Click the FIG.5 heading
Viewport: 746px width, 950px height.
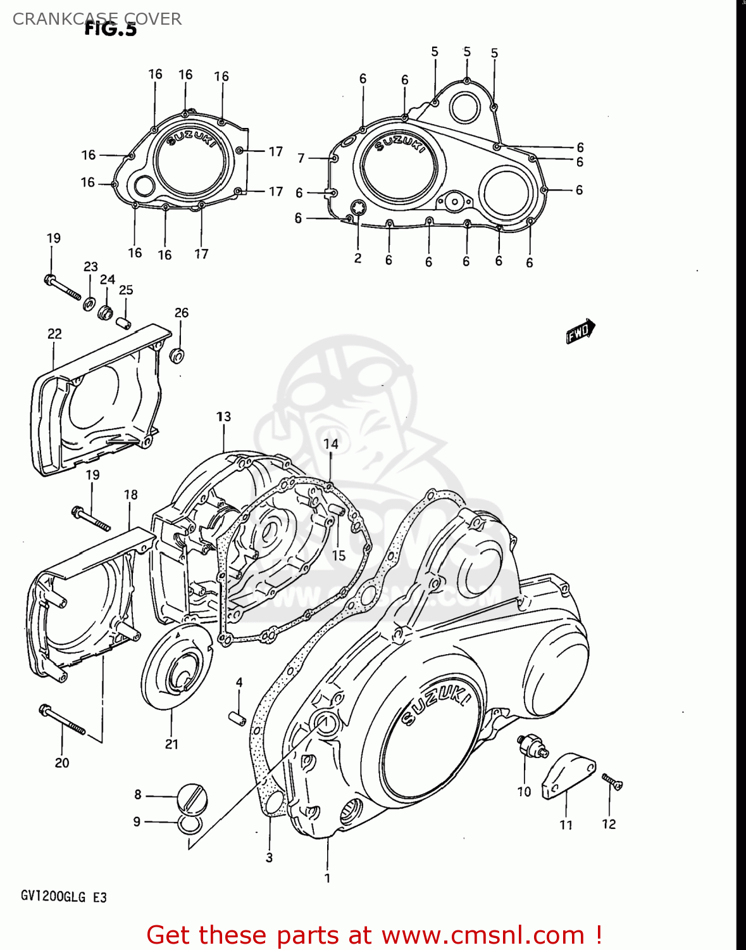pyautogui.click(x=111, y=29)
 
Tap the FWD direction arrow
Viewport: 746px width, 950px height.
pyautogui.click(x=580, y=331)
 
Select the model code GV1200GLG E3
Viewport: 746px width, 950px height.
pyautogui.click(x=63, y=897)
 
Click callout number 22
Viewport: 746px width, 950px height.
pyautogui.click(x=54, y=334)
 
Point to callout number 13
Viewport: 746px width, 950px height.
pyautogui.click(x=224, y=417)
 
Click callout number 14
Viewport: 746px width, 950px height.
pyautogui.click(x=331, y=444)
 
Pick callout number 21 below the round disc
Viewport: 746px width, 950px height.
pyautogui.click(x=171, y=744)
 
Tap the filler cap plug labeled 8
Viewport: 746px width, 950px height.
pyautogui.click(x=190, y=796)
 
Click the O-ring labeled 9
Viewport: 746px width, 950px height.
pyautogui.click(x=190, y=824)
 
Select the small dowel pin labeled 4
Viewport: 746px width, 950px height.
pyautogui.click(x=237, y=719)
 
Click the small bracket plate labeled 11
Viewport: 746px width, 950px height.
pyautogui.click(x=568, y=775)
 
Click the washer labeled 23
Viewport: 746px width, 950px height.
pyautogui.click(x=90, y=303)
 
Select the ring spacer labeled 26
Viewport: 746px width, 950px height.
pyautogui.click(x=177, y=355)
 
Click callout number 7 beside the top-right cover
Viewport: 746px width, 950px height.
pyautogui.click(x=301, y=158)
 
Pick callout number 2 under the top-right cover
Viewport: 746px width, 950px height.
pyautogui.click(x=357, y=258)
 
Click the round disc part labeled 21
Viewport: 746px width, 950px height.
pyautogui.click(x=175, y=665)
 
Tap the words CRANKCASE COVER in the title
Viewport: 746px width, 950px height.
pyautogui.click(x=97, y=19)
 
